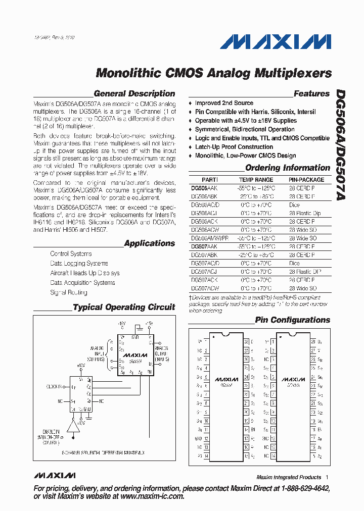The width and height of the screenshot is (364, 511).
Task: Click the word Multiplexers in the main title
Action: (293, 73)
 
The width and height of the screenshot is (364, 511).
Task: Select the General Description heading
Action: (134, 93)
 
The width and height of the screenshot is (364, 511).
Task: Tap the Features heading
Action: (311, 93)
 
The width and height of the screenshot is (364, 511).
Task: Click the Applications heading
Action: (150, 243)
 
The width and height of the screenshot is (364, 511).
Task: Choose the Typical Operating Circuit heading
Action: (124, 307)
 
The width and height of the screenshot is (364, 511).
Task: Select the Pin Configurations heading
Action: (292, 320)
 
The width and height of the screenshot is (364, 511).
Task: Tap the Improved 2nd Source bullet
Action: (224, 103)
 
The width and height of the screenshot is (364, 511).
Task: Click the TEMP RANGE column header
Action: (256, 180)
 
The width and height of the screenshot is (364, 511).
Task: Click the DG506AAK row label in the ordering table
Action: (204, 188)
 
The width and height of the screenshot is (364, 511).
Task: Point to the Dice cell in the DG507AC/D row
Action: (294, 263)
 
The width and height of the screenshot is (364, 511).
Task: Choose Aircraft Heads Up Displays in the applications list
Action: (85, 273)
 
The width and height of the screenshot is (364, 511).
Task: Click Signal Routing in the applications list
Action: (69, 292)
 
